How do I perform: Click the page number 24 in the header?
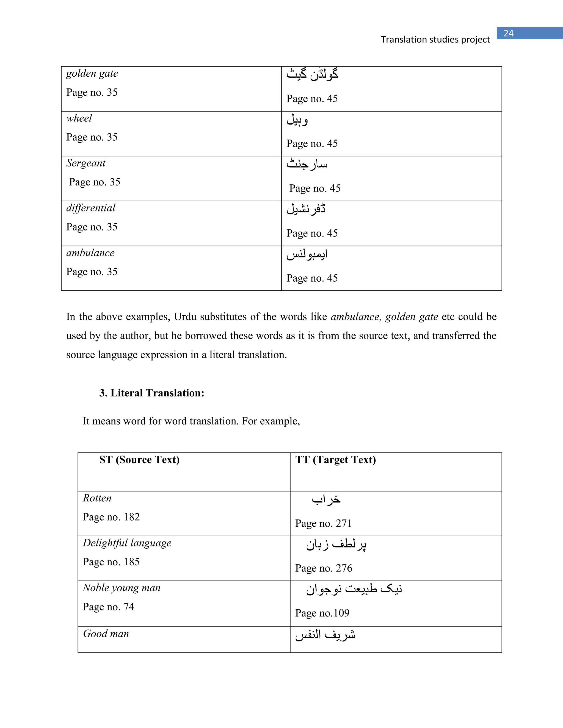508,33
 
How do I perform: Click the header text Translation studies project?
435,40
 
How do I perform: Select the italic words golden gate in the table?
92,74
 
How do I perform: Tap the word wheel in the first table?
79,118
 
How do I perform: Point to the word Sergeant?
86,163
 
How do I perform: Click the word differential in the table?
91,208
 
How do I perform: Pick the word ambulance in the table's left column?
90,253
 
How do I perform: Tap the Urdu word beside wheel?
297,120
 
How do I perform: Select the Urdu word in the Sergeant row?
307,164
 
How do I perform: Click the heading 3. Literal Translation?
151,393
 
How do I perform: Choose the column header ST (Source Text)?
139,460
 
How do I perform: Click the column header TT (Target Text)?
336,460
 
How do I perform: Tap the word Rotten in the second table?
97,498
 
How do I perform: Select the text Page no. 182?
111,517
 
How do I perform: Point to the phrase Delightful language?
127,543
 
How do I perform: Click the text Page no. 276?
324,568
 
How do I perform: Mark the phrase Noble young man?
122,588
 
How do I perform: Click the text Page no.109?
322,613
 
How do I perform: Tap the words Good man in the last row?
106,634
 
